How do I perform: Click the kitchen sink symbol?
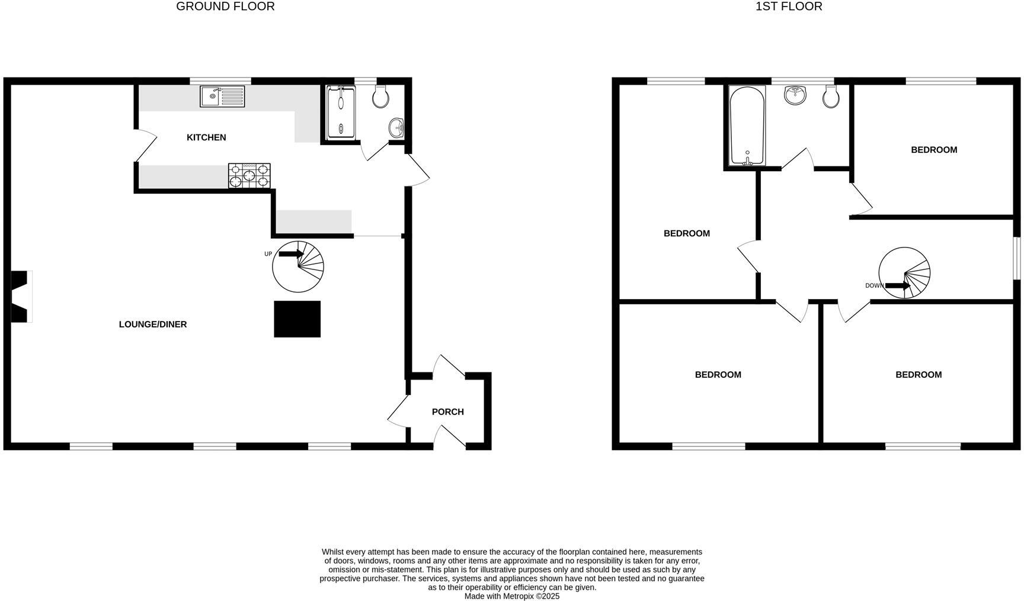click(x=222, y=97)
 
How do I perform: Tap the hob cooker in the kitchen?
click(x=249, y=176)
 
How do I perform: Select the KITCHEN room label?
click(x=206, y=137)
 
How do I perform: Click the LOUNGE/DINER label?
click(x=153, y=324)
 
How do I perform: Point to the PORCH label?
click(x=448, y=412)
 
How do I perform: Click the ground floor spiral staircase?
click(x=298, y=266)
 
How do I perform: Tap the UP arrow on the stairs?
click(x=290, y=254)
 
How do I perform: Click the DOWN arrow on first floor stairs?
click(x=897, y=286)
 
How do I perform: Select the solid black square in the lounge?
click(x=297, y=319)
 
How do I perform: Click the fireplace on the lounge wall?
click(x=20, y=297)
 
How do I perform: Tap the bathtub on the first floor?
click(x=747, y=126)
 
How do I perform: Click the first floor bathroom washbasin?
click(x=795, y=95)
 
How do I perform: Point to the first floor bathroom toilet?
click(x=831, y=97)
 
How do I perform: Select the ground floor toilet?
click(x=380, y=97)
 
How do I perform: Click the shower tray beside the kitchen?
click(x=341, y=113)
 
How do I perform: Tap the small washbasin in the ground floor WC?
click(x=396, y=127)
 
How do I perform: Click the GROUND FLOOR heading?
click(x=225, y=7)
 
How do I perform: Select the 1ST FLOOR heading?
click(x=789, y=7)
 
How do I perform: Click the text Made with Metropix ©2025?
click(x=512, y=596)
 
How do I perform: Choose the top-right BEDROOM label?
click(x=934, y=150)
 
